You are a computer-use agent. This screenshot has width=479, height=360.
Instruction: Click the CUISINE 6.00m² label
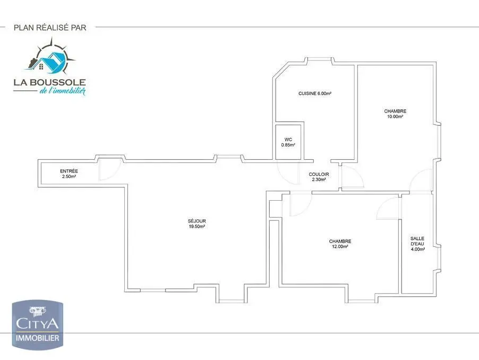click(315, 93)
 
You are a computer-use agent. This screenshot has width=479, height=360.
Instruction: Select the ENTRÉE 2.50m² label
click(69, 174)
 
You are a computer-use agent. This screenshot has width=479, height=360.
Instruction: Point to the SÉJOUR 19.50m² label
click(196, 224)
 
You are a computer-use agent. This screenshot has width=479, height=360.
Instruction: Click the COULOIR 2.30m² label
click(319, 177)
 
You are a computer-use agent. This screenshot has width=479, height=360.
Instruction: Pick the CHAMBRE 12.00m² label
click(340, 244)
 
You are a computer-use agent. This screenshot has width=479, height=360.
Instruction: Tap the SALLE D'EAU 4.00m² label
click(418, 243)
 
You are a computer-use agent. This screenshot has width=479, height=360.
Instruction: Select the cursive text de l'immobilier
click(62, 91)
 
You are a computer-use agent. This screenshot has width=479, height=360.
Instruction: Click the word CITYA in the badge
click(38, 323)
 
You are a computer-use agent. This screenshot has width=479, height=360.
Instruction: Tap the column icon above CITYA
click(38, 310)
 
